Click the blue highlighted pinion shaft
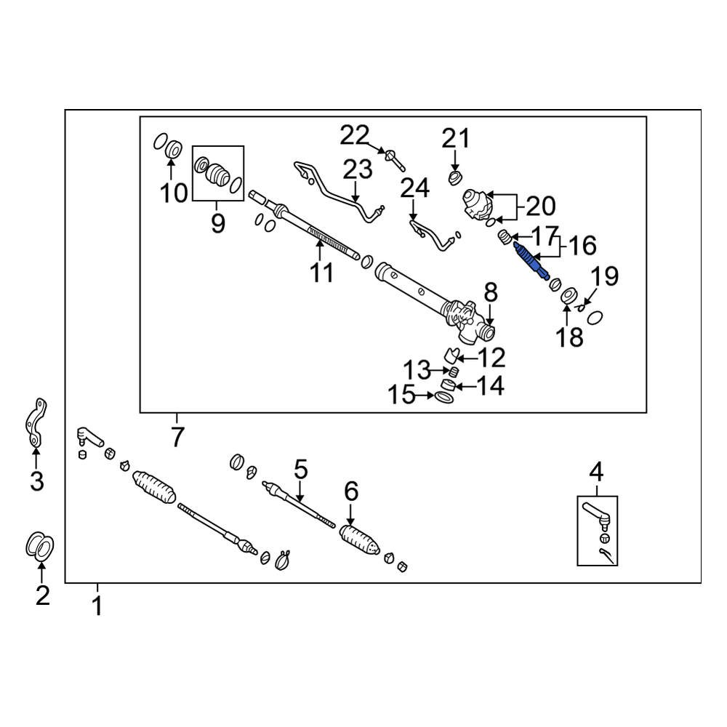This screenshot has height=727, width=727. [x=530, y=262]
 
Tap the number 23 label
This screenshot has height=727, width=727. [x=358, y=170]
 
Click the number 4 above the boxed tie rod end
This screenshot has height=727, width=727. [x=596, y=472]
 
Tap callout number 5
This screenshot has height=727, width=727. [x=301, y=469]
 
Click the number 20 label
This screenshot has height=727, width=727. [x=539, y=206]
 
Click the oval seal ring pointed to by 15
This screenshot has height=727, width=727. [x=444, y=397]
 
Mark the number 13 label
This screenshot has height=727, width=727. [x=417, y=370]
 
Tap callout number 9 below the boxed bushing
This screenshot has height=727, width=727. [x=218, y=223]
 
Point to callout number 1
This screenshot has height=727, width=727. [x=97, y=605]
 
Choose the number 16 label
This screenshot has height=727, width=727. [x=581, y=245]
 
